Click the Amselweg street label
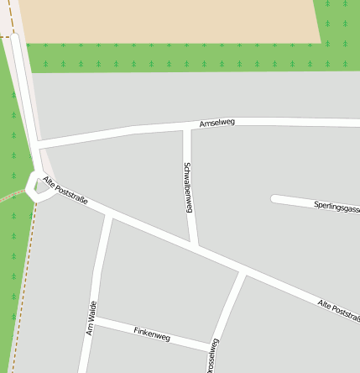tap(217, 123)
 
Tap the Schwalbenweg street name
tap(188, 186)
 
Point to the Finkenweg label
tap(152, 334)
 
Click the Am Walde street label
tap(91, 318)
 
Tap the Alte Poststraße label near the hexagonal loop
tap(65, 191)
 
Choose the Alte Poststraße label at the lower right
tap(339, 310)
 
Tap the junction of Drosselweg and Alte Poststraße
tap(243, 272)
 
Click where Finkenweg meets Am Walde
tap(93, 320)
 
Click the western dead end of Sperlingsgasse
tap(274, 199)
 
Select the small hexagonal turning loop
tap(37, 185)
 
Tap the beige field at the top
tap(168, 21)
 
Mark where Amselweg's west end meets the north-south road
tap(37, 144)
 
